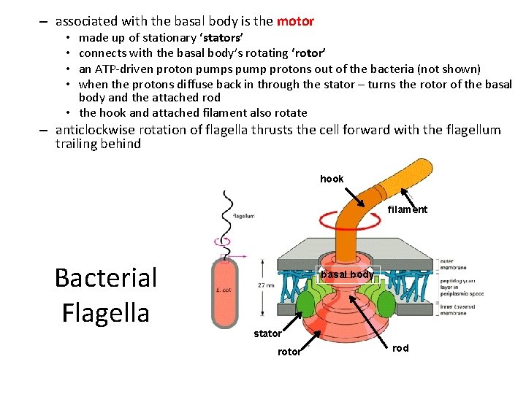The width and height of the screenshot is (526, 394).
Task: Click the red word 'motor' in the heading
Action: tap(295, 21)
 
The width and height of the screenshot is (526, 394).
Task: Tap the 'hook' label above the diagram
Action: tap(332, 179)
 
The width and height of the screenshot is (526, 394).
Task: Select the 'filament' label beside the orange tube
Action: tap(408, 209)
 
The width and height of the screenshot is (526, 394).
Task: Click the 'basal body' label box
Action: tap(348, 274)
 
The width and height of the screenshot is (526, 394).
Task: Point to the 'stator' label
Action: tap(267, 333)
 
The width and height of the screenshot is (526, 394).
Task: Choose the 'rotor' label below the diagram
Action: tap(289, 352)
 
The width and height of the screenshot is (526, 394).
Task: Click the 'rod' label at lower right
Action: tap(400, 348)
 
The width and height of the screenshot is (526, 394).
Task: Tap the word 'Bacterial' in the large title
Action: tap(106, 277)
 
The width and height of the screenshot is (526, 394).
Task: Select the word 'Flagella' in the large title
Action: tap(106, 312)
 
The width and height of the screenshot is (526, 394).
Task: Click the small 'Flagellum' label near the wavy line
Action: tap(243, 216)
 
